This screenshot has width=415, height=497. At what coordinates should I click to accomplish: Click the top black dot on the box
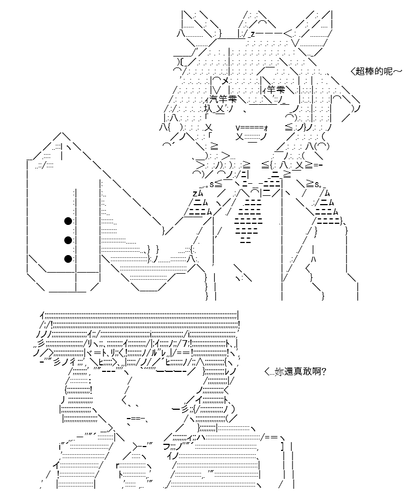point(68,221)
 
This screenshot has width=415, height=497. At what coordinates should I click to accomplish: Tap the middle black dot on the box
point(68,240)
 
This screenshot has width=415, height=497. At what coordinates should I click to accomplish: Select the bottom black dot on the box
point(68,259)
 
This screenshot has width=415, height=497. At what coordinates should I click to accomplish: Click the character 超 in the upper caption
point(360,71)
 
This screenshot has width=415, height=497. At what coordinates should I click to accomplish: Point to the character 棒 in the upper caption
point(369,71)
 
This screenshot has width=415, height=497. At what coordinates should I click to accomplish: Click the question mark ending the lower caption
point(324,371)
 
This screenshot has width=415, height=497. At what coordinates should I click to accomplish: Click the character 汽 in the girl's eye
point(214,99)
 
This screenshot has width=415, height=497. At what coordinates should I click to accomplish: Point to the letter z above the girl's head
point(253,34)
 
